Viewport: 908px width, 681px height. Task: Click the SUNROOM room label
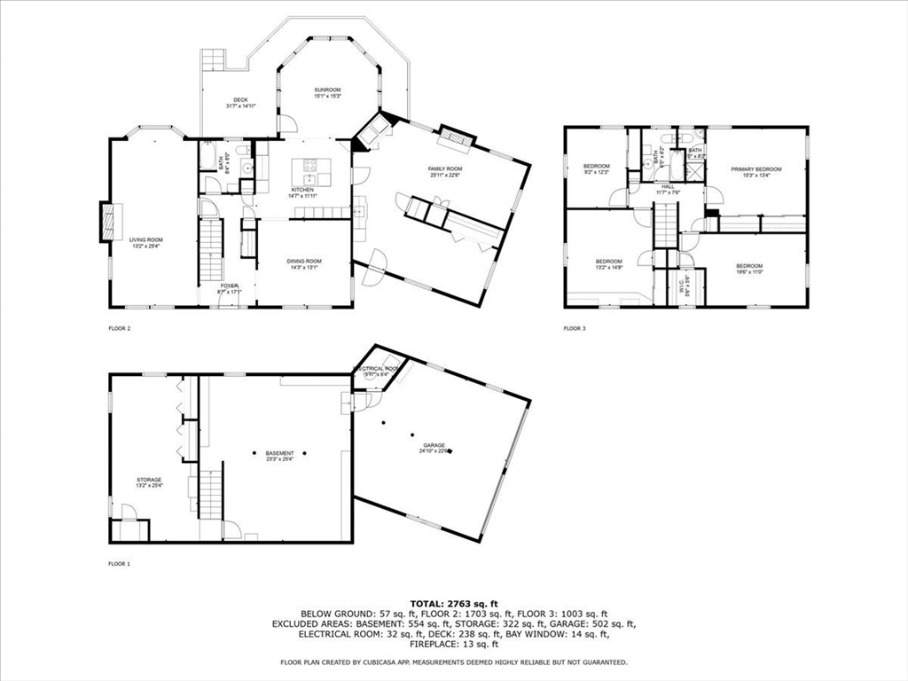click(327, 90)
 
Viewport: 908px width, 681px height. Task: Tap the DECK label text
click(240, 100)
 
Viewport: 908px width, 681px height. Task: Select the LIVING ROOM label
click(146, 239)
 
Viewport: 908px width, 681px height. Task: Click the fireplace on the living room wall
click(106, 222)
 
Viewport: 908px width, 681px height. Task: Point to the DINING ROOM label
click(304, 262)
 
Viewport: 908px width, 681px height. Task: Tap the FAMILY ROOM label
click(445, 169)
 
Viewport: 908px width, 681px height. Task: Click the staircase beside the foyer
click(209, 250)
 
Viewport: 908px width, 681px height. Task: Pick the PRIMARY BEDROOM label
click(756, 169)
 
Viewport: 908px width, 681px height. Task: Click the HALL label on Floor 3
click(667, 188)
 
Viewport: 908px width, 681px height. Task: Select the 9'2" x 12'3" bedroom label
click(596, 167)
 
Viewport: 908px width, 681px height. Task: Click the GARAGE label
click(434, 446)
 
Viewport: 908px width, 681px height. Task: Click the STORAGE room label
click(149, 480)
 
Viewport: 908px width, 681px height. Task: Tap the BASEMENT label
click(279, 453)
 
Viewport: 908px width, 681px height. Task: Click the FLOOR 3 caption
click(575, 328)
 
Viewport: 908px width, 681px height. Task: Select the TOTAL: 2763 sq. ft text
click(453, 603)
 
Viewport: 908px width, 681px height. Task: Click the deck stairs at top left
click(214, 60)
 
